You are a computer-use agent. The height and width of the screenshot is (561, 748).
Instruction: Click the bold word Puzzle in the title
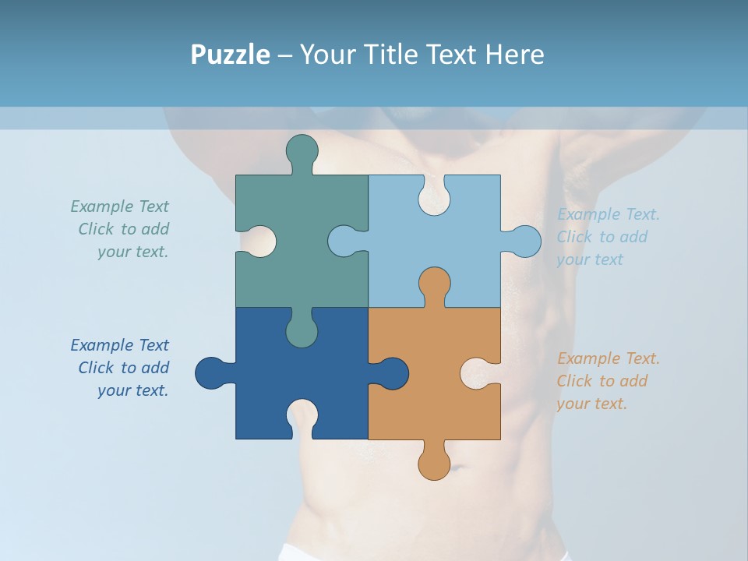pyautogui.click(x=230, y=55)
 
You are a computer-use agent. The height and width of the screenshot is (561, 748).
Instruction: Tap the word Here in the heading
pyautogui.click(x=513, y=55)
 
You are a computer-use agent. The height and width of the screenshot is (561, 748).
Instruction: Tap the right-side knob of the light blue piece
pyautogui.click(x=524, y=242)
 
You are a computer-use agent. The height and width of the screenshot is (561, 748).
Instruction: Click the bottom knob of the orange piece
pyautogui.click(x=434, y=464)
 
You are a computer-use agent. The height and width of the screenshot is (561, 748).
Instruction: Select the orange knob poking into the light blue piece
pyautogui.click(x=434, y=284)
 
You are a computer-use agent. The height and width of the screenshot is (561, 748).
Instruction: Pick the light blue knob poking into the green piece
pyautogui.click(x=344, y=242)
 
